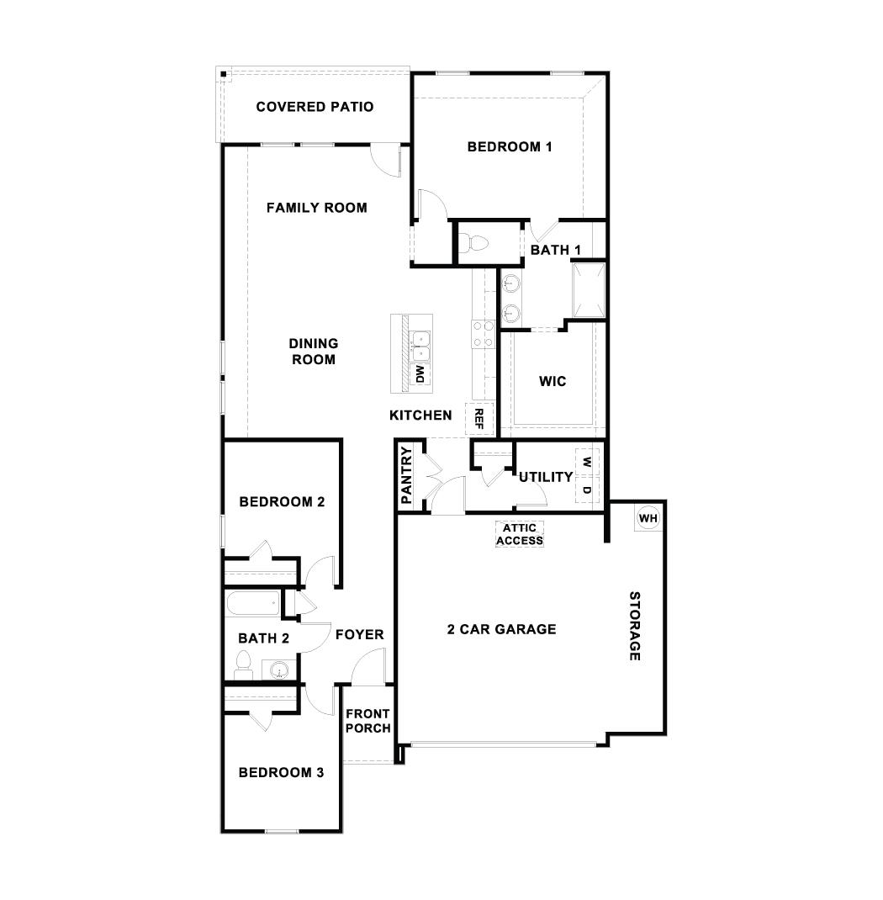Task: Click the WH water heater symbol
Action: pyautogui.click(x=647, y=518)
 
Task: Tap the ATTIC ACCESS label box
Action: pyautogui.click(x=520, y=534)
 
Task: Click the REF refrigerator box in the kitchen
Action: pyautogui.click(x=479, y=418)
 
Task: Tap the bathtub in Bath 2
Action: pyautogui.click(x=252, y=603)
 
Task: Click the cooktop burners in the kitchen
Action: pyautogui.click(x=482, y=334)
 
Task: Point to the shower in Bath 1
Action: pyautogui.click(x=588, y=290)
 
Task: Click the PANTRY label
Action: pyautogui.click(x=407, y=475)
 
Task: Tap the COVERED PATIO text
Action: pyautogui.click(x=315, y=107)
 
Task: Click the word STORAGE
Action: pyautogui.click(x=636, y=626)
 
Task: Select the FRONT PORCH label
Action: pyautogui.click(x=367, y=721)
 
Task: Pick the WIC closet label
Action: pyautogui.click(x=553, y=381)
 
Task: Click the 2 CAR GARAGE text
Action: pyautogui.click(x=501, y=628)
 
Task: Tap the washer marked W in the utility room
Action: pyautogui.click(x=587, y=463)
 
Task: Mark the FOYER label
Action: pyautogui.click(x=359, y=634)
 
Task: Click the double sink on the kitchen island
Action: pyautogui.click(x=420, y=346)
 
